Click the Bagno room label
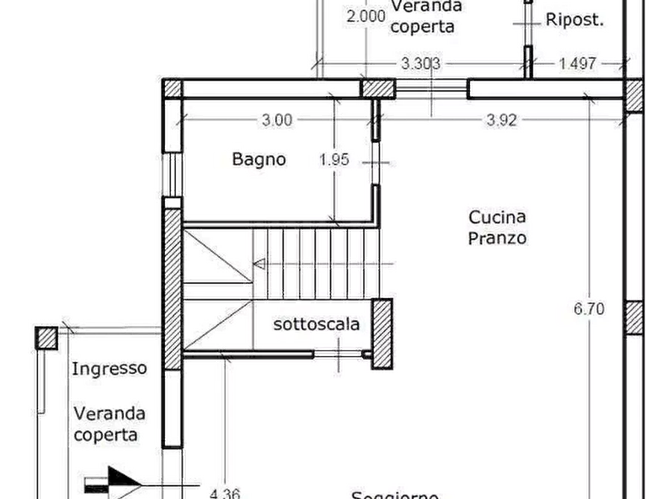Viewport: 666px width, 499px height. pos(258,159)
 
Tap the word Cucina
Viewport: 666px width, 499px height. pos(498,217)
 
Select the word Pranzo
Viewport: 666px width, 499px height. pos(498,239)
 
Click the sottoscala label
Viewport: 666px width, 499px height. pos(316,324)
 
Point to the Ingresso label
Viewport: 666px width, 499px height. pos(110,368)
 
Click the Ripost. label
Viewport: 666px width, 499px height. pos(574,20)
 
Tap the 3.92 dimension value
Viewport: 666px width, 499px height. pos(501,119)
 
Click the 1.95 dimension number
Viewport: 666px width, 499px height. pos(335,159)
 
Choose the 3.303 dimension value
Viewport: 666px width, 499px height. pos(421,64)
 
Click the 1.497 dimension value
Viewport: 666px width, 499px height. pos(577,64)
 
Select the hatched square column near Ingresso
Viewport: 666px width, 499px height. pos(47,338)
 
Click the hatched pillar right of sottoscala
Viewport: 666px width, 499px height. pos(381,334)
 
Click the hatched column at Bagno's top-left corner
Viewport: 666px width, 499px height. pos(173,88)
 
